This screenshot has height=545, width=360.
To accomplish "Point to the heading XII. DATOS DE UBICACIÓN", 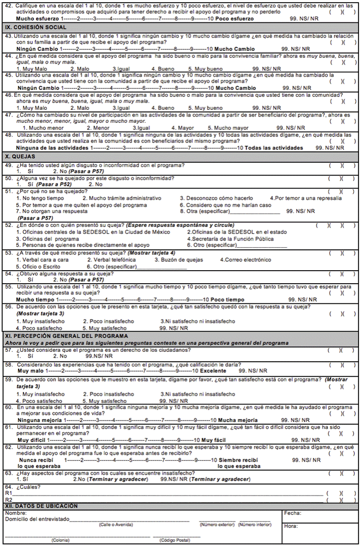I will [41, 506].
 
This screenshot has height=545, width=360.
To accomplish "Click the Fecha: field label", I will [292, 513].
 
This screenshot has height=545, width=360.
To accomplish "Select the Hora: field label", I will [291, 526].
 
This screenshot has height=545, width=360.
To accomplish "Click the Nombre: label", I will [15, 513].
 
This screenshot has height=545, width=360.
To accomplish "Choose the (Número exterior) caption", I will [217, 524].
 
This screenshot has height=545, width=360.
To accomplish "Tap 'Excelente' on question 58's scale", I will [216, 370].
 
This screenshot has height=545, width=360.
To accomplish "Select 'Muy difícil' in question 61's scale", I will [31, 440].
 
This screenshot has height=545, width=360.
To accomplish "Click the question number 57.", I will [8, 350].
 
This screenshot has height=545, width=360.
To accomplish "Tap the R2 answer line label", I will [8, 499].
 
